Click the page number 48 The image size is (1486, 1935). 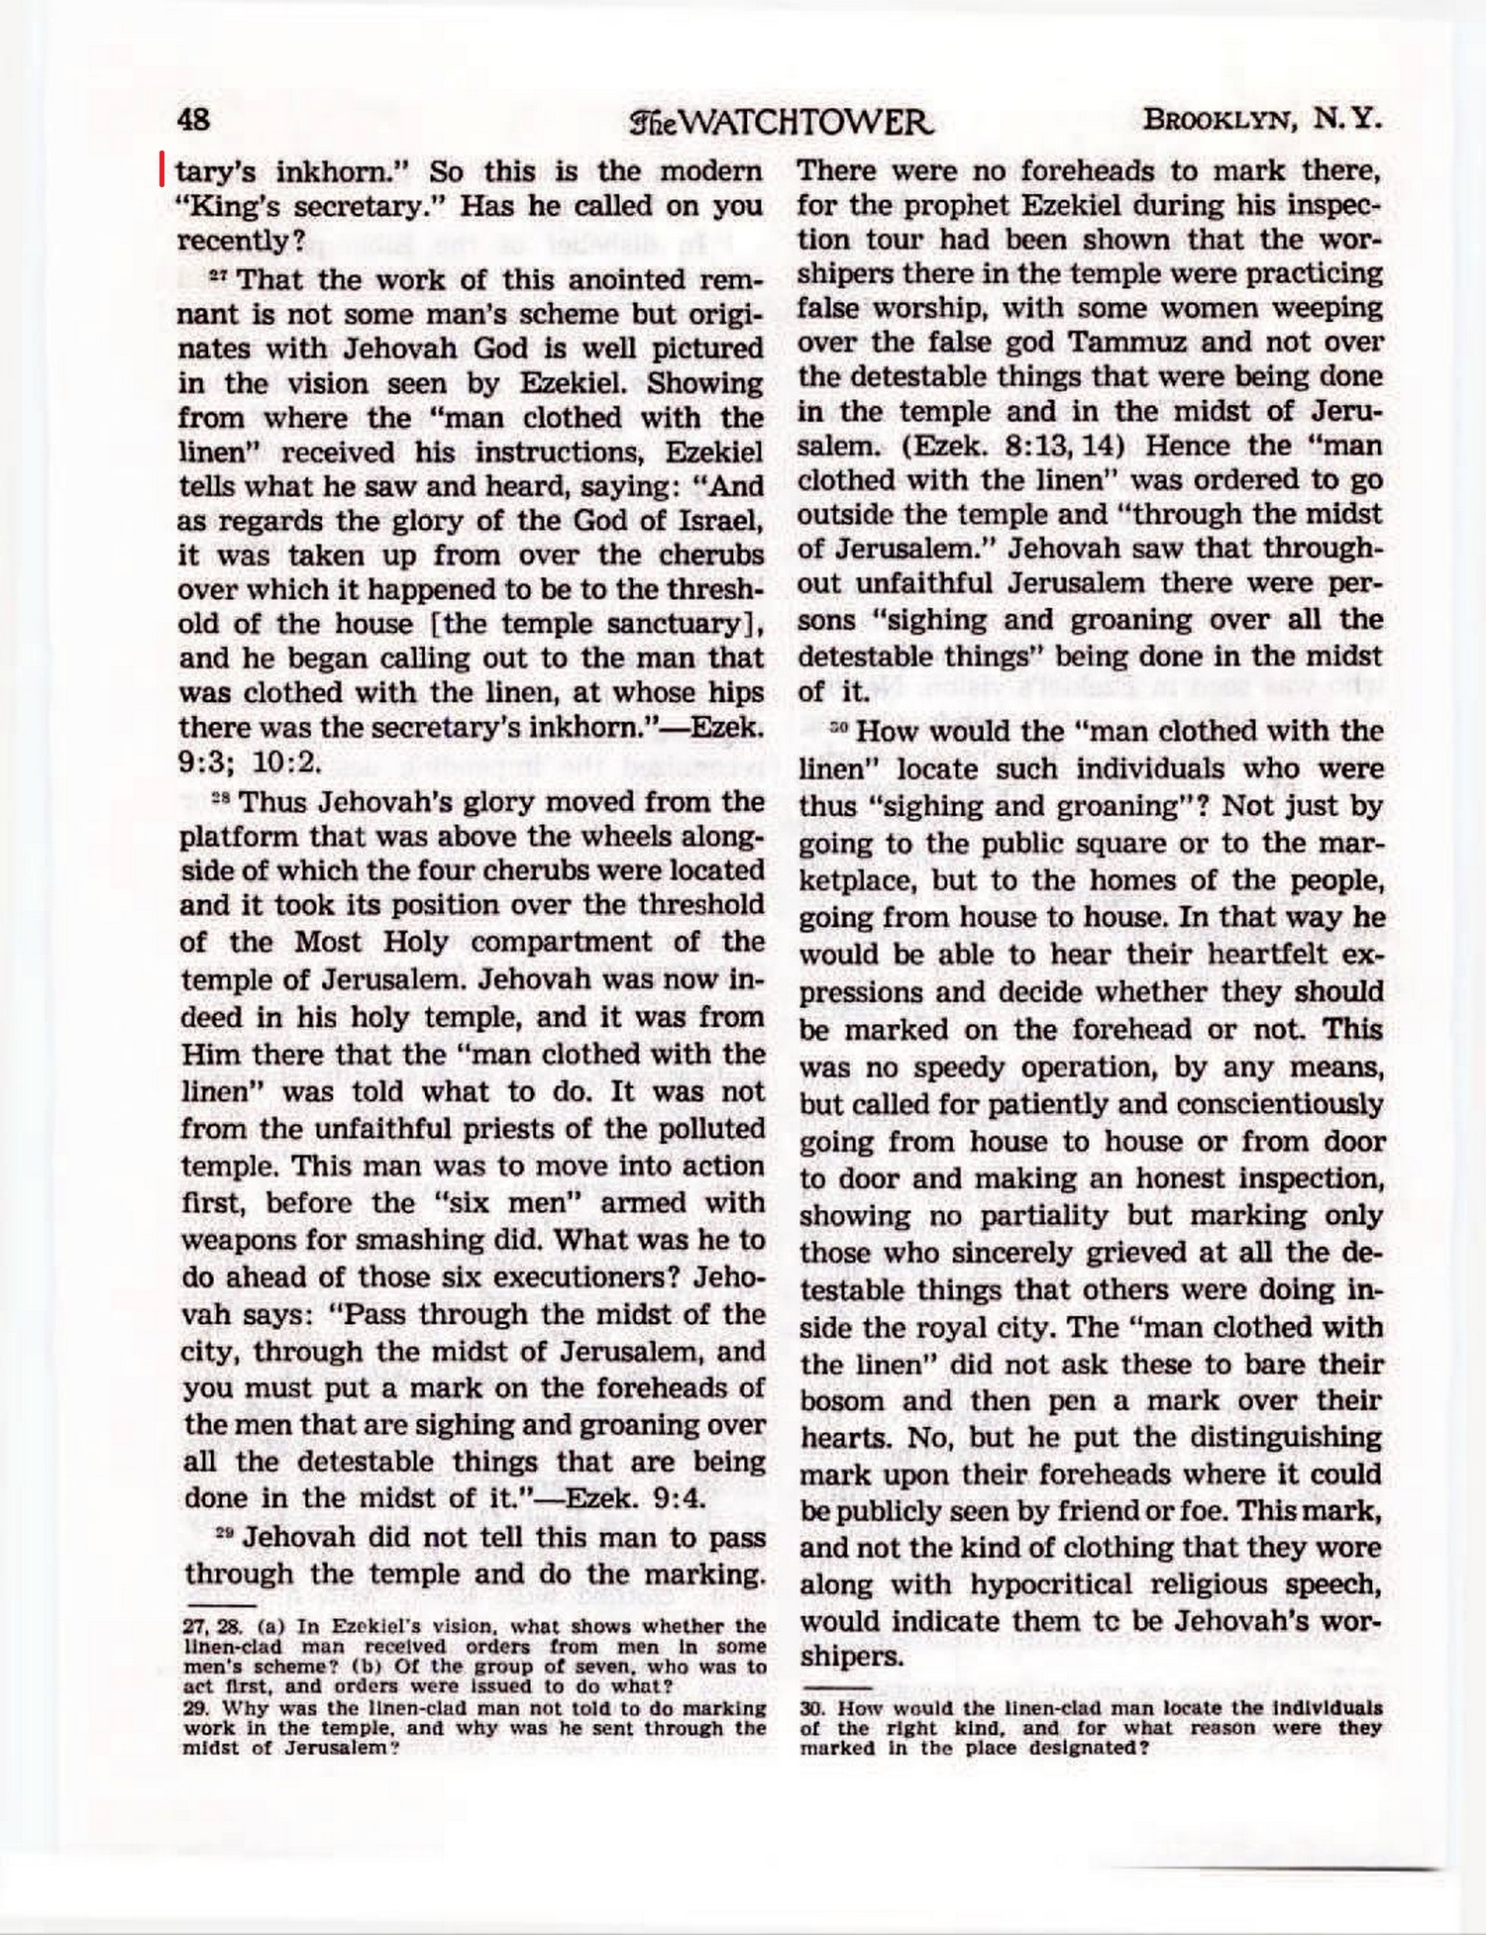193,120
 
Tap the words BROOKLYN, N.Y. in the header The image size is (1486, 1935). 1262,121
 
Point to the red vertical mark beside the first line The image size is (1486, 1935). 162,169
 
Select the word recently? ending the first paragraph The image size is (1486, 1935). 241,241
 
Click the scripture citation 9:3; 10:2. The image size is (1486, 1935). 251,763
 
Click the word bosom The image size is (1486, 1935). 842,1401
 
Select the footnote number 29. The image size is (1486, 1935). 196,1708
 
